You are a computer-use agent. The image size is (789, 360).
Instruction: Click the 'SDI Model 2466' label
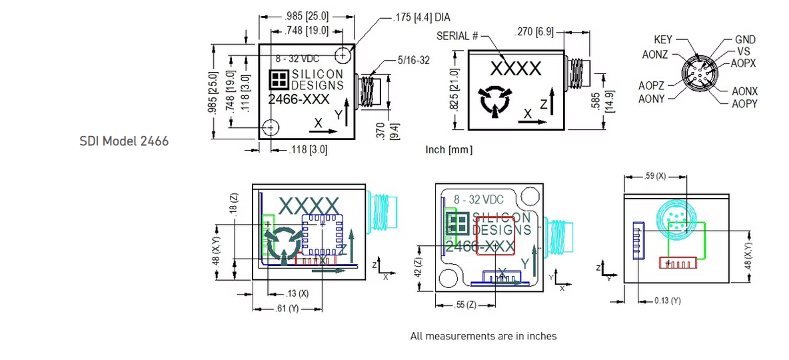click(x=124, y=141)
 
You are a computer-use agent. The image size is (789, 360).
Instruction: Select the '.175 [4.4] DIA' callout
click(x=422, y=17)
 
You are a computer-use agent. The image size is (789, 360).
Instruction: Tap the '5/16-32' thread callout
click(x=413, y=60)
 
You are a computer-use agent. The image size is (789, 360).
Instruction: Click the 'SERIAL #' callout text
click(x=458, y=35)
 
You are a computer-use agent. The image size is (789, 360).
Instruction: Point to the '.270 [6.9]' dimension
click(x=537, y=32)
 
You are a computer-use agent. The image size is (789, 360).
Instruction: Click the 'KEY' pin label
click(x=663, y=41)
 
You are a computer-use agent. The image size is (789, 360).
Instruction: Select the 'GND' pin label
click(x=745, y=41)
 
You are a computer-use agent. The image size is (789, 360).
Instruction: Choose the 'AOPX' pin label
click(x=743, y=63)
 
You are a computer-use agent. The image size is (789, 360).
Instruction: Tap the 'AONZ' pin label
click(x=655, y=55)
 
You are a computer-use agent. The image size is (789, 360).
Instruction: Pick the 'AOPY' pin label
click(x=744, y=104)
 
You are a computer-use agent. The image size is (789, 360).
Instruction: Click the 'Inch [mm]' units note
click(x=448, y=150)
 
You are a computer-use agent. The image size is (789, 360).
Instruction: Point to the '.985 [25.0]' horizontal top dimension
click(x=304, y=17)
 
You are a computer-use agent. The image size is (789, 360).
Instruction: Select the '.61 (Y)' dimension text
click(x=287, y=309)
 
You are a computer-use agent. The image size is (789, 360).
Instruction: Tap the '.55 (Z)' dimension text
click(x=465, y=305)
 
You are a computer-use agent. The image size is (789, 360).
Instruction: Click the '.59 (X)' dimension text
click(x=654, y=177)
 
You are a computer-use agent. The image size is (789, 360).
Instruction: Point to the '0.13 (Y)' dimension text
click(x=667, y=301)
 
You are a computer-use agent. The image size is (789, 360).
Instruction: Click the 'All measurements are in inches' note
click(x=483, y=336)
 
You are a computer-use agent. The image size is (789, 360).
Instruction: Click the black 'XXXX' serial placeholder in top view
click(x=516, y=69)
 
